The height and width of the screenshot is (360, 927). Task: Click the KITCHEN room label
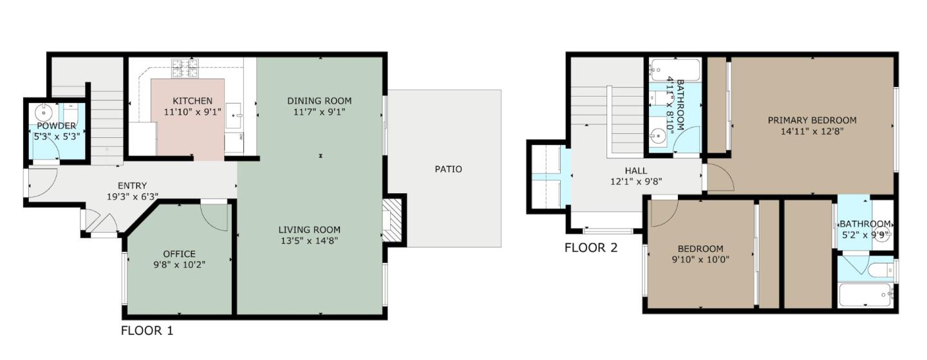click(192, 101)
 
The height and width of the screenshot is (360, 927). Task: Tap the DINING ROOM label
click(319, 100)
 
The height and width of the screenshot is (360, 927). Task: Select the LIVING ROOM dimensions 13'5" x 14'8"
click(309, 241)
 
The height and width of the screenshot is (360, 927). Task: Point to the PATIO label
click(448, 169)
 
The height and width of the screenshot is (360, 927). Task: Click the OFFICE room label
click(179, 254)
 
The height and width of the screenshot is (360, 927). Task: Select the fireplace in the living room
click(393, 221)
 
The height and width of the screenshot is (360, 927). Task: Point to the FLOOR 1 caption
click(147, 331)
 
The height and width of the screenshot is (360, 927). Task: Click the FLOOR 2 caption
click(591, 247)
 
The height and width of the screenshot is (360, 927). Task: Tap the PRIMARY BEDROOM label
click(811, 120)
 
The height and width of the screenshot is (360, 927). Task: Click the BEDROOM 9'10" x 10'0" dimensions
click(700, 260)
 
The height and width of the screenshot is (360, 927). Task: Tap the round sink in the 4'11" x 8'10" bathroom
click(658, 136)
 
